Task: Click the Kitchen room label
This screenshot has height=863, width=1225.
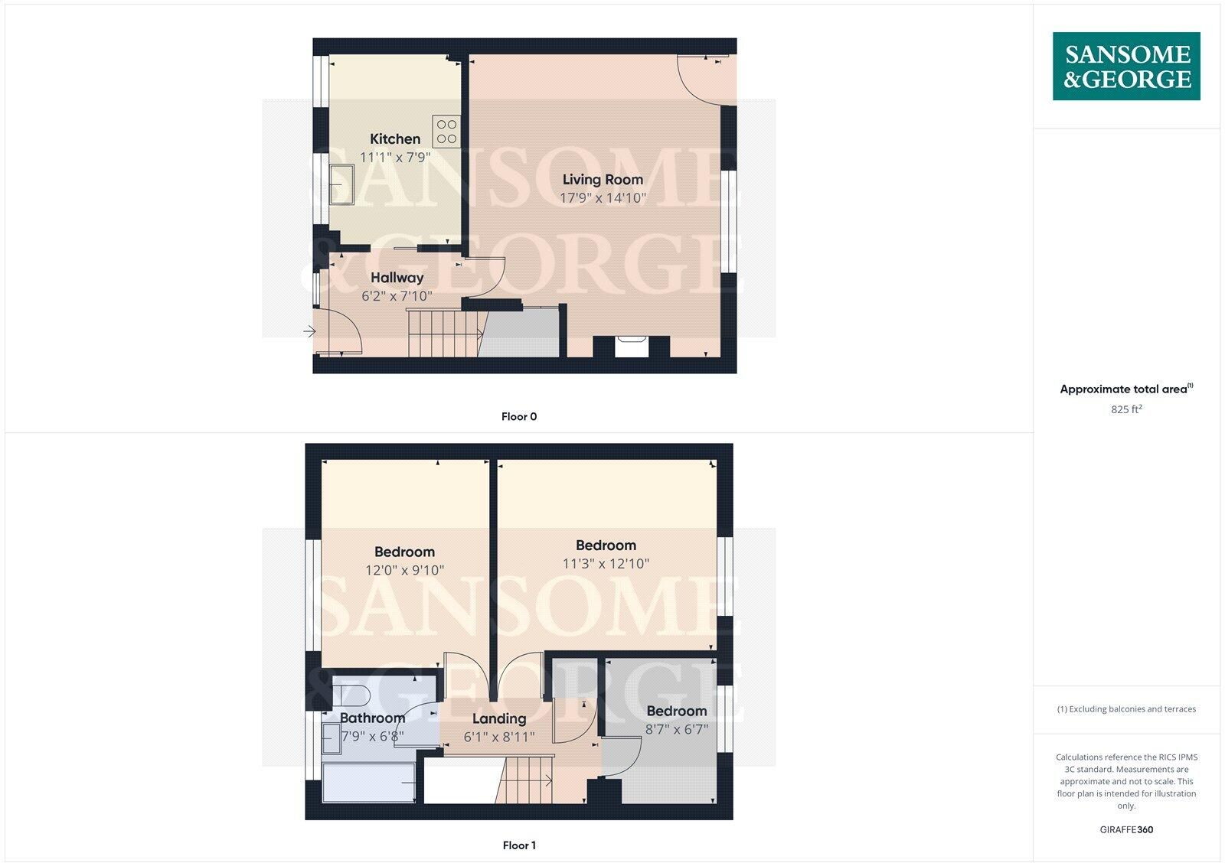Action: click(x=395, y=138)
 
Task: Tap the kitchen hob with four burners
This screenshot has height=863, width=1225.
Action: click(x=446, y=132)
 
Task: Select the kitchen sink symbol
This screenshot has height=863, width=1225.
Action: click(x=341, y=184)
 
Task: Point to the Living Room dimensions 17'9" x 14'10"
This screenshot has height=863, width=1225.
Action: click(x=603, y=198)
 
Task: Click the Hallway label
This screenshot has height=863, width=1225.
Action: click(x=397, y=278)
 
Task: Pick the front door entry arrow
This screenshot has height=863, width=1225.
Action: click(x=309, y=331)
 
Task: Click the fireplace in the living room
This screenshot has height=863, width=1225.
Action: click(x=632, y=347)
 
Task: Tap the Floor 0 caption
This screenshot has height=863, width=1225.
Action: click(x=519, y=416)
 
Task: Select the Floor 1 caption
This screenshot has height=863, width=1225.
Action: click(x=519, y=845)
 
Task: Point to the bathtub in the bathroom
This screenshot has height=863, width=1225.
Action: click(x=368, y=783)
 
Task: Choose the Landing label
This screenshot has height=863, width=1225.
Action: click(x=499, y=718)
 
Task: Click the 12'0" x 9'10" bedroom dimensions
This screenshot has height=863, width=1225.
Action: click(x=405, y=571)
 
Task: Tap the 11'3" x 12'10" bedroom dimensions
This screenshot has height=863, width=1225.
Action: click(x=606, y=564)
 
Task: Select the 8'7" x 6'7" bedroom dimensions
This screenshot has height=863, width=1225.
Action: click(x=677, y=729)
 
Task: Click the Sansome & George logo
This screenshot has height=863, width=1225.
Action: click(x=1126, y=66)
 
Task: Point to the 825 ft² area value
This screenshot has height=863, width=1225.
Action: click(x=1126, y=409)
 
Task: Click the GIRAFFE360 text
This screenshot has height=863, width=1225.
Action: click(x=1126, y=829)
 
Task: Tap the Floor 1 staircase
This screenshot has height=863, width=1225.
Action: click(x=525, y=780)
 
